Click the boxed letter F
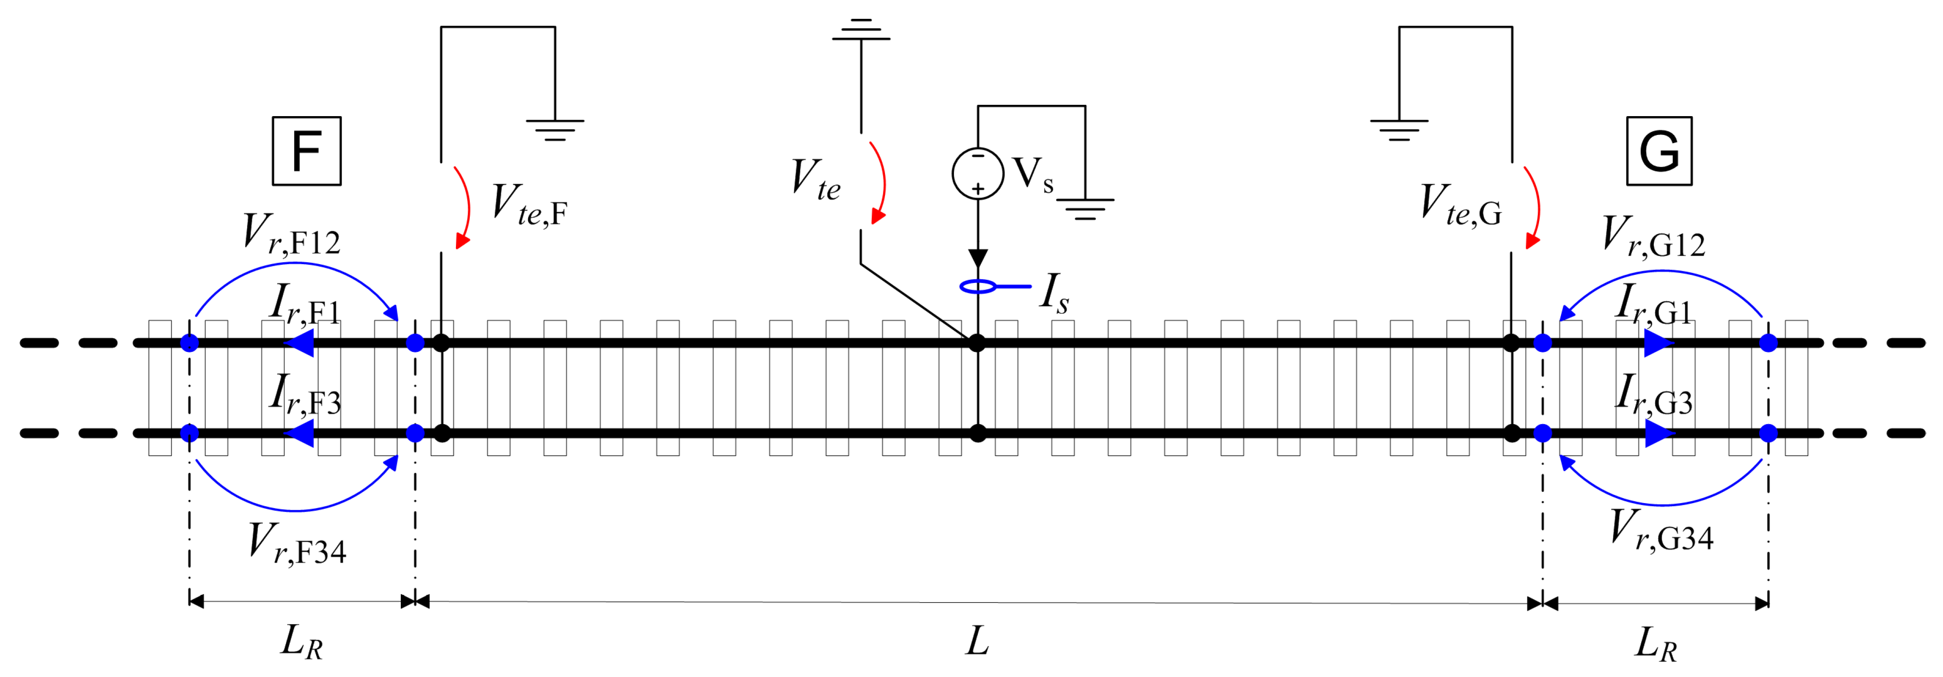pyautogui.click(x=306, y=151)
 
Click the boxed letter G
pyautogui.click(x=1659, y=151)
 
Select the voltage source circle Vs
pyautogui.click(x=977, y=173)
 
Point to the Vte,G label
pyautogui.click(x=1460, y=205)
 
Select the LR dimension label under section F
pyautogui.click(x=302, y=642)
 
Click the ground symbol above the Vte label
pyautogui.click(x=861, y=30)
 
